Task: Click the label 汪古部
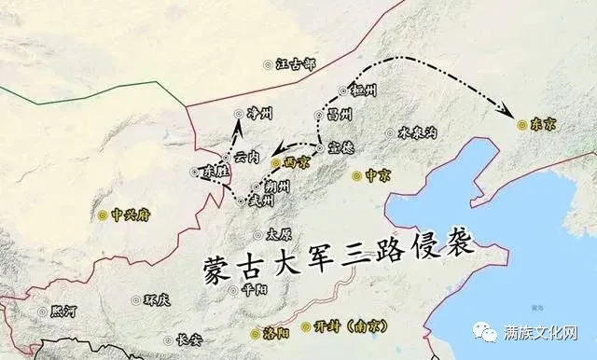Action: (x=297, y=63)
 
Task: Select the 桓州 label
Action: (x=361, y=90)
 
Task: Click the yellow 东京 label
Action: (x=542, y=123)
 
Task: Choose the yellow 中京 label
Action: (x=376, y=174)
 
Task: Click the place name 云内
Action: (x=247, y=156)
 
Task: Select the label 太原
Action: (x=279, y=234)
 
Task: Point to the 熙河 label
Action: (x=65, y=311)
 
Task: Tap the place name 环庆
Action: (x=157, y=300)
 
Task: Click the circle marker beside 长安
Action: (x=170, y=340)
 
